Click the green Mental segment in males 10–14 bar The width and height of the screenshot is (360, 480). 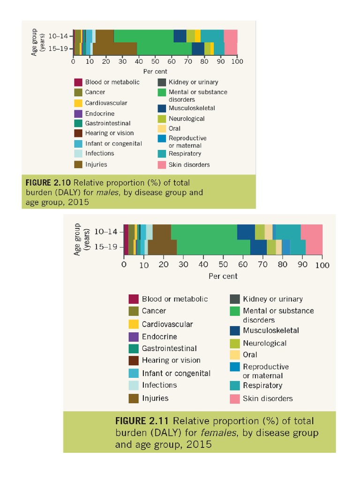click(x=143, y=36)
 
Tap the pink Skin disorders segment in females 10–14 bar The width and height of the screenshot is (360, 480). click(x=311, y=232)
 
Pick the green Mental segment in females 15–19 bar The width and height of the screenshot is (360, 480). click(x=213, y=247)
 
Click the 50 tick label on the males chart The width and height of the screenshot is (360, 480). click(x=155, y=61)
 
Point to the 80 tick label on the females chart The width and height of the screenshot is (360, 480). click(x=283, y=265)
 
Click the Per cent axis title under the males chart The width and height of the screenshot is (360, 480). click(x=155, y=71)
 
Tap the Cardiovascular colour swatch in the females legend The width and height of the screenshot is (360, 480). click(x=134, y=324)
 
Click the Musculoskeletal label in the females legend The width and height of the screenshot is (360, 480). click(x=271, y=330)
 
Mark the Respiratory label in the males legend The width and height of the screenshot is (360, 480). click(x=185, y=154)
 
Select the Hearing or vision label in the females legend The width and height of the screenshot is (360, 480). click(x=171, y=360)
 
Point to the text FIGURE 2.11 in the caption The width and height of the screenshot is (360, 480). click(x=145, y=420)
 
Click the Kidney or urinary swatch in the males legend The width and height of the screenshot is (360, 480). click(x=161, y=82)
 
